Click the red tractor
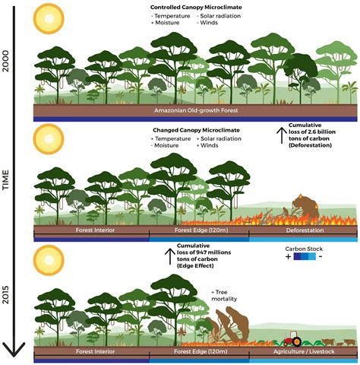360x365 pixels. click(292, 338)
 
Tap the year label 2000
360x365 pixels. click(5, 61)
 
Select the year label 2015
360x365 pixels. click(5, 294)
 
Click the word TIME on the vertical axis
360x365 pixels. click(5, 180)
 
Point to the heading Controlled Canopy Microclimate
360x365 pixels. click(196, 8)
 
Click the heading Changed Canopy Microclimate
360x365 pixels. click(196, 130)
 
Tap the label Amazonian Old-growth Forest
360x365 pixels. click(196, 110)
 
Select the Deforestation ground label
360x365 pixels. click(305, 230)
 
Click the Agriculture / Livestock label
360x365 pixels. click(304, 351)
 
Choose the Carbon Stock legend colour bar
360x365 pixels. click(305, 257)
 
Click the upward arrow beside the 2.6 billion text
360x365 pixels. click(282, 135)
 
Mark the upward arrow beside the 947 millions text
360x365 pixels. click(170, 256)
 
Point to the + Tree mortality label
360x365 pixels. click(224, 296)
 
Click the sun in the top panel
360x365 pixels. click(49, 18)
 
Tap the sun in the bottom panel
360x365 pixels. click(49, 260)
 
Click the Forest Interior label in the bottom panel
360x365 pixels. click(95, 351)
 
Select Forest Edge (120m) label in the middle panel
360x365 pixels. click(201, 230)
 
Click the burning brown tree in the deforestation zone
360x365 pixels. click(305, 209)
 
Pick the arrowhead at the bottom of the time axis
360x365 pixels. click(14, 350)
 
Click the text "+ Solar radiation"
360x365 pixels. click(219, 138)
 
